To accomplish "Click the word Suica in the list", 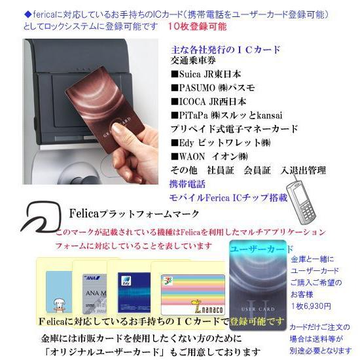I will point(191,74).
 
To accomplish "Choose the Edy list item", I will point(187,143).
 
